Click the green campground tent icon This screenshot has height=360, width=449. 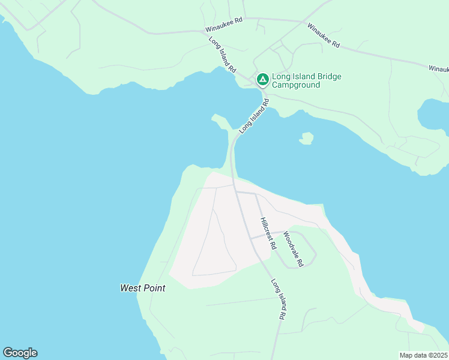pyautogui.click(x=262, y=79)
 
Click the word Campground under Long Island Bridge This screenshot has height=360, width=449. pyautogui.click(x=296, y=85)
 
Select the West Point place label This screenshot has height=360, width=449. pyautogui.click(x=142, y=288)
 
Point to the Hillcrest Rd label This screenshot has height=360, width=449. pyautogui.click(x=268, y=233)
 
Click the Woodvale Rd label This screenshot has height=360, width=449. pyautogui.click(x=294, y=249)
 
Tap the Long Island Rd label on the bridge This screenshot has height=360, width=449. pyautogui.click(x=255, y=116)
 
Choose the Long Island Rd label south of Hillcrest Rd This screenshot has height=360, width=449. pyautogui.click(x=277, y=298)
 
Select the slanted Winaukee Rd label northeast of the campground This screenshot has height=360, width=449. pyautogui.click(x=324, y=36)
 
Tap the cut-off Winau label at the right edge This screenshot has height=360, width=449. pyautogui.click(x=438, y=69)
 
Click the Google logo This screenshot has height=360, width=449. pyautogui.click(x=20, y=353)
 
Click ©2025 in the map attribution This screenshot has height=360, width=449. pyautogui.click(x=438, y=355)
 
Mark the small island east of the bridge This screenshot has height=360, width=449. pyautogui.click(x=307, y=139)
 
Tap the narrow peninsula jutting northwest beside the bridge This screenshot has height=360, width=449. pyautogui.click(x=220, y=122)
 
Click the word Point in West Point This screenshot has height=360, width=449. pyautogui.click(x=154, y=288)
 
